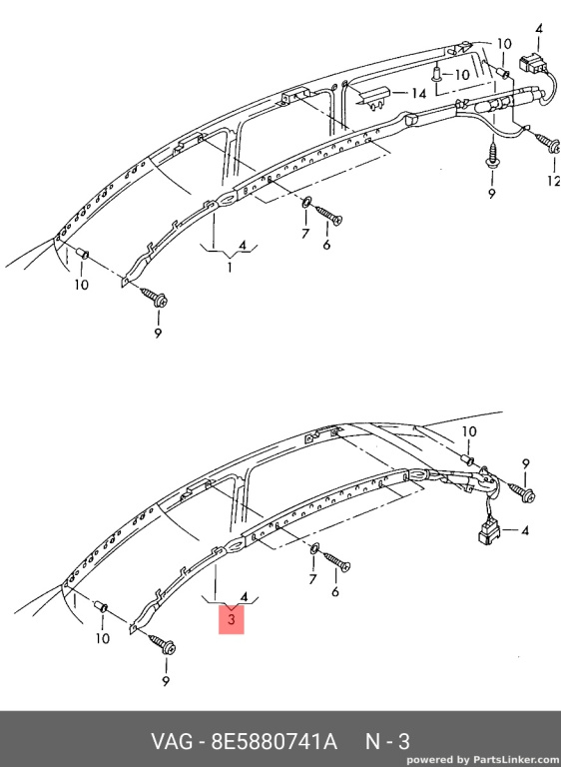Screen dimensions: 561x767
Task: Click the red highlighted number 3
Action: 232,619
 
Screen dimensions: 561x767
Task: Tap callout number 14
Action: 418,93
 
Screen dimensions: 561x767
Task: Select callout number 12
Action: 554,181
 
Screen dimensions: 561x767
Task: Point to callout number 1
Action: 230,267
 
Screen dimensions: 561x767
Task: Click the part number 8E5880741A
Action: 274,742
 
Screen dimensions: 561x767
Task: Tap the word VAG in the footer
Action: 173,742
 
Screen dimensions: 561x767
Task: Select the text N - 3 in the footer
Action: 388,742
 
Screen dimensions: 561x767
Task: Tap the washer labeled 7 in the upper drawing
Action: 306,202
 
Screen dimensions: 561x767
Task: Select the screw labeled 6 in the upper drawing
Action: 329,215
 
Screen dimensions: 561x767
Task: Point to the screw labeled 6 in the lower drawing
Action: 337,561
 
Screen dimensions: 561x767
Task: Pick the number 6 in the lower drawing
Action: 335,591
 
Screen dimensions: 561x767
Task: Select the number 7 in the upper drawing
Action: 305,234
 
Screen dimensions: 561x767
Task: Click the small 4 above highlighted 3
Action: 244,597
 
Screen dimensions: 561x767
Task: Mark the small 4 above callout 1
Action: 243,245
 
